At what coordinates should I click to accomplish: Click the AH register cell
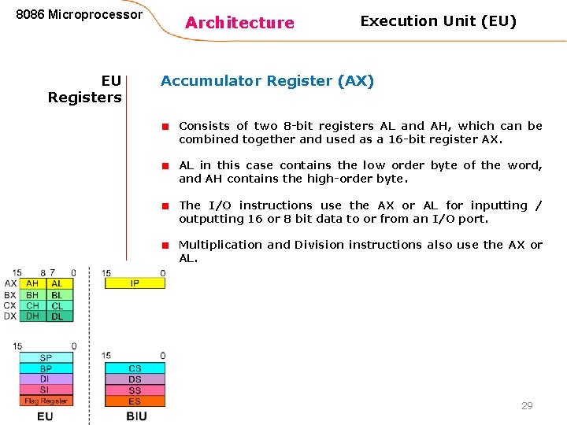[32, 283]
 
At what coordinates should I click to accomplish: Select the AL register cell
[57, 283]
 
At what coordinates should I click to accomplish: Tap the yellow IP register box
[135, 283]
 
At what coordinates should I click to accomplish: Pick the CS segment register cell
[135, 368]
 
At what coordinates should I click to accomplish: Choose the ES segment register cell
[135, 401]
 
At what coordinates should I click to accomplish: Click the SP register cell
[46, 358]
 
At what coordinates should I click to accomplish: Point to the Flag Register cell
[46, 401]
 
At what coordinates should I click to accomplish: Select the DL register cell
[57, 316]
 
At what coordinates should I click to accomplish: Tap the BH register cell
[32, 294]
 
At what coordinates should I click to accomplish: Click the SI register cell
[46, 390]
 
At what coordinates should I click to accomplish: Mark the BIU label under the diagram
[136, 416]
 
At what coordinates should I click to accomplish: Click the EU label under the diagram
[45, 416]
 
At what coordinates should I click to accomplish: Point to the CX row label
[9, 305]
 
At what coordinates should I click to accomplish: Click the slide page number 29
[527, 405]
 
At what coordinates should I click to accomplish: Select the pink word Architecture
[239, 23]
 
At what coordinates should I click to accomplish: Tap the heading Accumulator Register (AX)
[267, 80]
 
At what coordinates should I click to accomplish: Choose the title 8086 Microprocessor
[80, 14]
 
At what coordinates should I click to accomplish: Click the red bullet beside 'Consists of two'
[166, 126]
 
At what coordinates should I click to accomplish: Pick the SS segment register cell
[135, 390]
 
